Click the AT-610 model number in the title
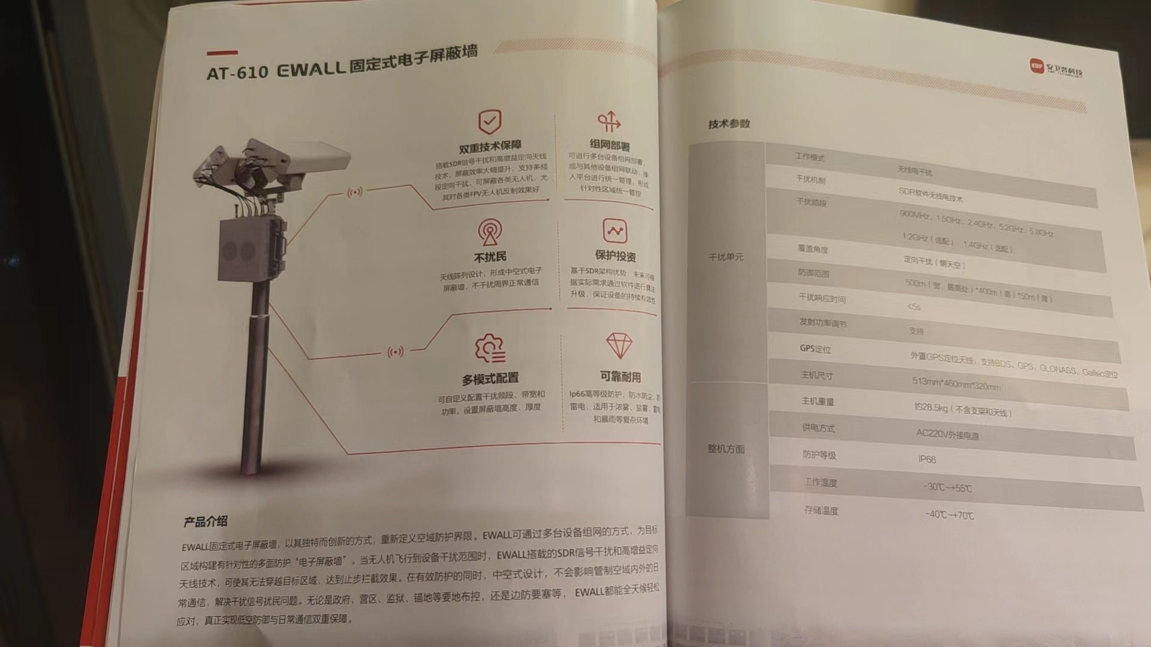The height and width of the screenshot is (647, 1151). [x=237, y=72]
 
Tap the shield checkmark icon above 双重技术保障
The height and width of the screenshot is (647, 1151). [x=490, y=122]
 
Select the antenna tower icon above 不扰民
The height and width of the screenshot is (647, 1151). [x=490, y=232]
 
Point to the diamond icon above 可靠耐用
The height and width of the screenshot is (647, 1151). [x=619, y=346]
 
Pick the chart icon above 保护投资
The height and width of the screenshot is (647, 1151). [x=614, y=231]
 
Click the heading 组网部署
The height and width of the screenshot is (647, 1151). [x=610, y=146]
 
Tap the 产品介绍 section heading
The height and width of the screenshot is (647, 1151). [x=206, y=521]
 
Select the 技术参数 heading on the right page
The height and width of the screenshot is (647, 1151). [x=729, y=124]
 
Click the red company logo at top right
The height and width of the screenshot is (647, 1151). [x=1035, y=66]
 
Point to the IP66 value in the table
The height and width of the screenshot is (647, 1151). [x=927, y=459]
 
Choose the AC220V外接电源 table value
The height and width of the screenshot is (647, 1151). [x=947, y=434]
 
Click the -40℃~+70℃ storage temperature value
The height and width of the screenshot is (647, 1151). [x=950, y=515]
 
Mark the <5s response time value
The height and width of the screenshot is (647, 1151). [x=914, y=307]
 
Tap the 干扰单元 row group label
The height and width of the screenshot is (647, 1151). [x=726, y=257]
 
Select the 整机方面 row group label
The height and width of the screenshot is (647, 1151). [x=726, y=449]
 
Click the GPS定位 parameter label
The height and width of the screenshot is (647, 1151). [x=815, y=349]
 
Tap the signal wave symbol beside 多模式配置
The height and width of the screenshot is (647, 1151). [x=395, y=352]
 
